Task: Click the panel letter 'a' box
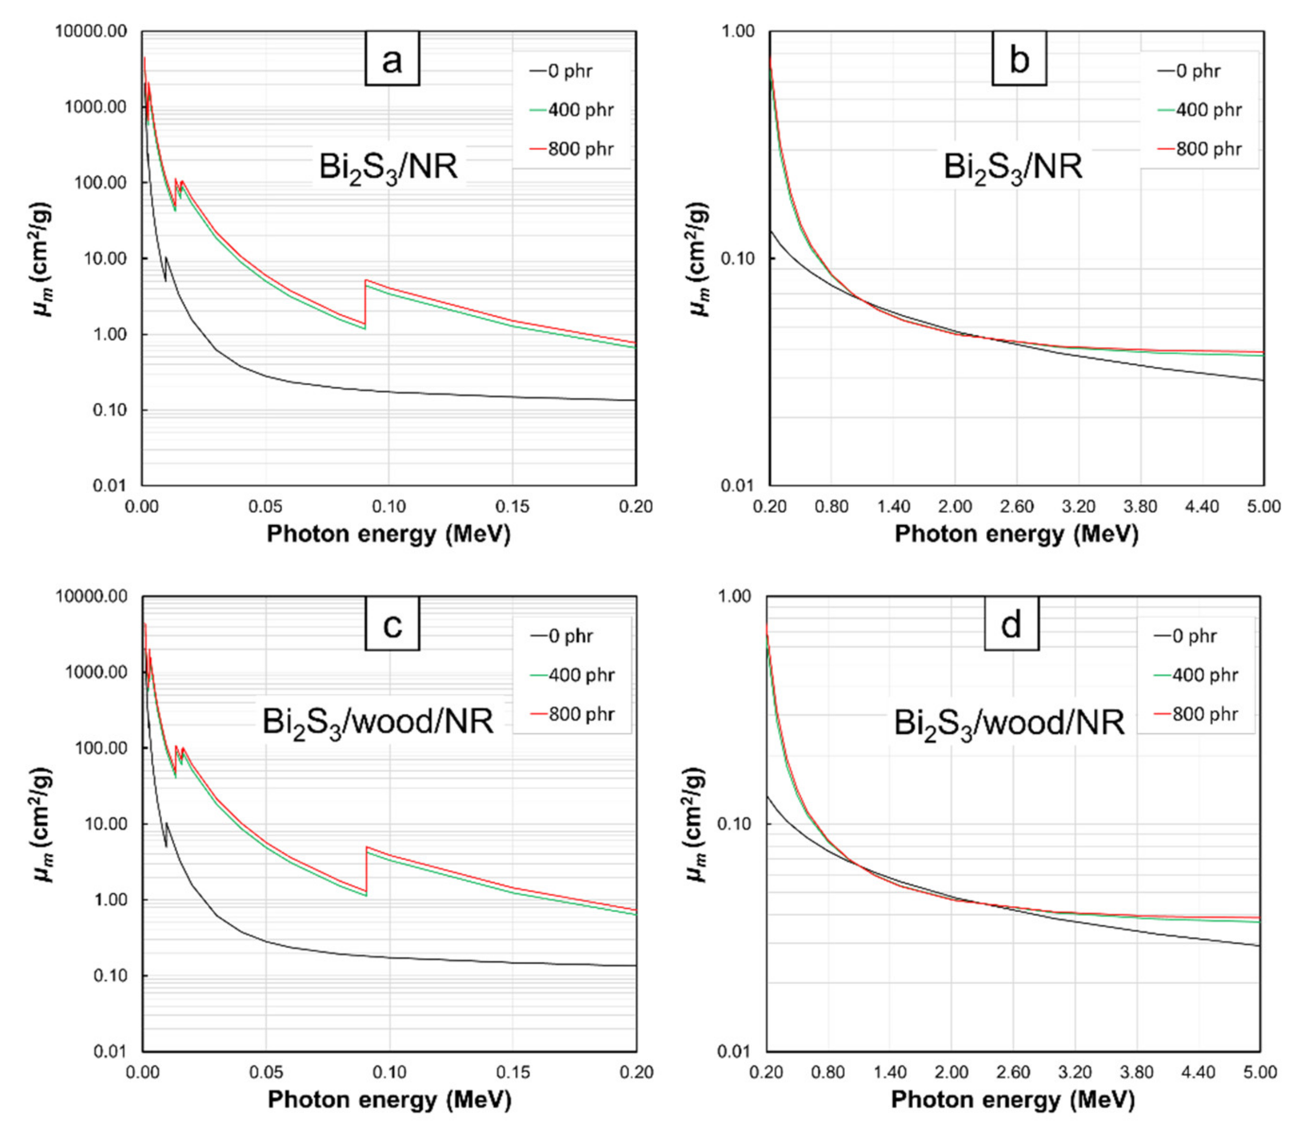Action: click(x=392, y=59)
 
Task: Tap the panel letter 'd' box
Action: click(x=1012, y=625)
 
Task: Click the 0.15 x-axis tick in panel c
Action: click(x=513, y=1072)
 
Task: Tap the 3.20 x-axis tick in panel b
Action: click(x=1079, y=506)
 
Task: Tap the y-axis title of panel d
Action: click(x=695, y=824)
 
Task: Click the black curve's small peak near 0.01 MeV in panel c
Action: click(x=166, y=823)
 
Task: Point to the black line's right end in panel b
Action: click(x=1263, y=380)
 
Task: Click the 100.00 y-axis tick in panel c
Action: click(x=101, y=748)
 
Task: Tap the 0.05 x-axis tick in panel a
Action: click(x=265, y=506)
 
